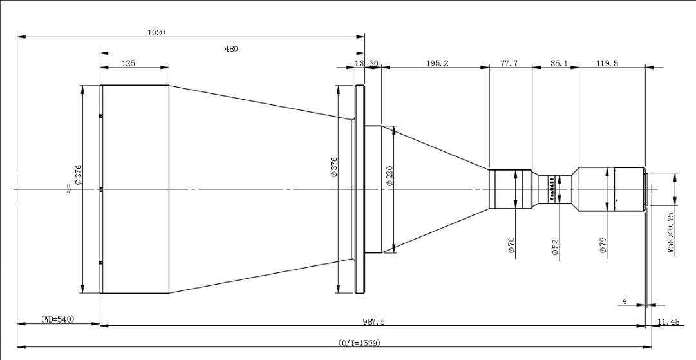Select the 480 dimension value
pos(230,48)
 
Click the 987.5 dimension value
pos(373,321)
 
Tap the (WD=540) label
pos(58,319)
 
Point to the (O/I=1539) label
pos(359,343)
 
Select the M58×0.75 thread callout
pos(671,233)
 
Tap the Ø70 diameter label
pos(511,246)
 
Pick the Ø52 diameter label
pos(555,248)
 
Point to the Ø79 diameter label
pos(603,246)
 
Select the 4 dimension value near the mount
pos(625,301)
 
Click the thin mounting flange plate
pos(359,189)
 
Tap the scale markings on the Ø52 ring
pos(551,189)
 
